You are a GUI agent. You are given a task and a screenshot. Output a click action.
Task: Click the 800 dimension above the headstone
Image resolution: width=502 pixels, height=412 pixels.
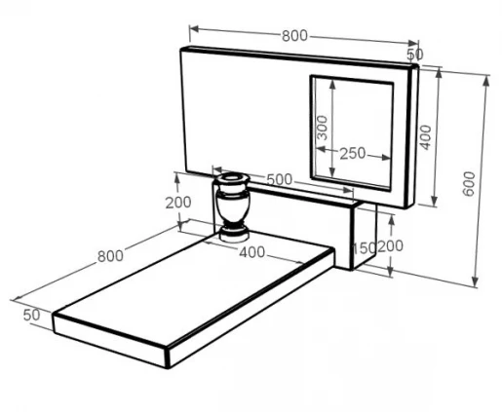pyautogui.click(x=294, y=35)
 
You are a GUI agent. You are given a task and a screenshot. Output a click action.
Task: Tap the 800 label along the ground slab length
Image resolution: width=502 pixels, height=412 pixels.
pyautogui.click(x=110, y=256)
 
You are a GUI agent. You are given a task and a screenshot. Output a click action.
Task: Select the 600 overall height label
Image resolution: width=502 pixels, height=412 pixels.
pyautogui.click(x=469, y=184)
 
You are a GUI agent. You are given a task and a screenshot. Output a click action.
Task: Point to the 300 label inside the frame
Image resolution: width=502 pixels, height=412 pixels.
pyautogui.click(x=323, y=128)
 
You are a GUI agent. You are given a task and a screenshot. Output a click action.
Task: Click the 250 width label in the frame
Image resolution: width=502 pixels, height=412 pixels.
pyautogui.click(x=353, y=153)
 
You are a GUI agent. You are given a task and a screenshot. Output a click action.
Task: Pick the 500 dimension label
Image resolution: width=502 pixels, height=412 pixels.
pyautogui.click(x=280, y=179)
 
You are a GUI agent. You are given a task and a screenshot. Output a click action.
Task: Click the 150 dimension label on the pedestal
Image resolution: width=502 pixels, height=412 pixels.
pyautogui.click(x=364, y=248)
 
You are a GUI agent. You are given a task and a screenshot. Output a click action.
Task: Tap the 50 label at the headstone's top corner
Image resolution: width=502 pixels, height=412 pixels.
pyautogui.click(x=415, y=55)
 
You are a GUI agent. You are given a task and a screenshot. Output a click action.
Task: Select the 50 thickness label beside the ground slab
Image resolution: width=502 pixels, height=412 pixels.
pyautogui.click(x=32, y=315)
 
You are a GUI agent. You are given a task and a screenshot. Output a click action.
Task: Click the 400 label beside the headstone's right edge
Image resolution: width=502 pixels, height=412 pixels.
pyautogui.click(x=425, y=137)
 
